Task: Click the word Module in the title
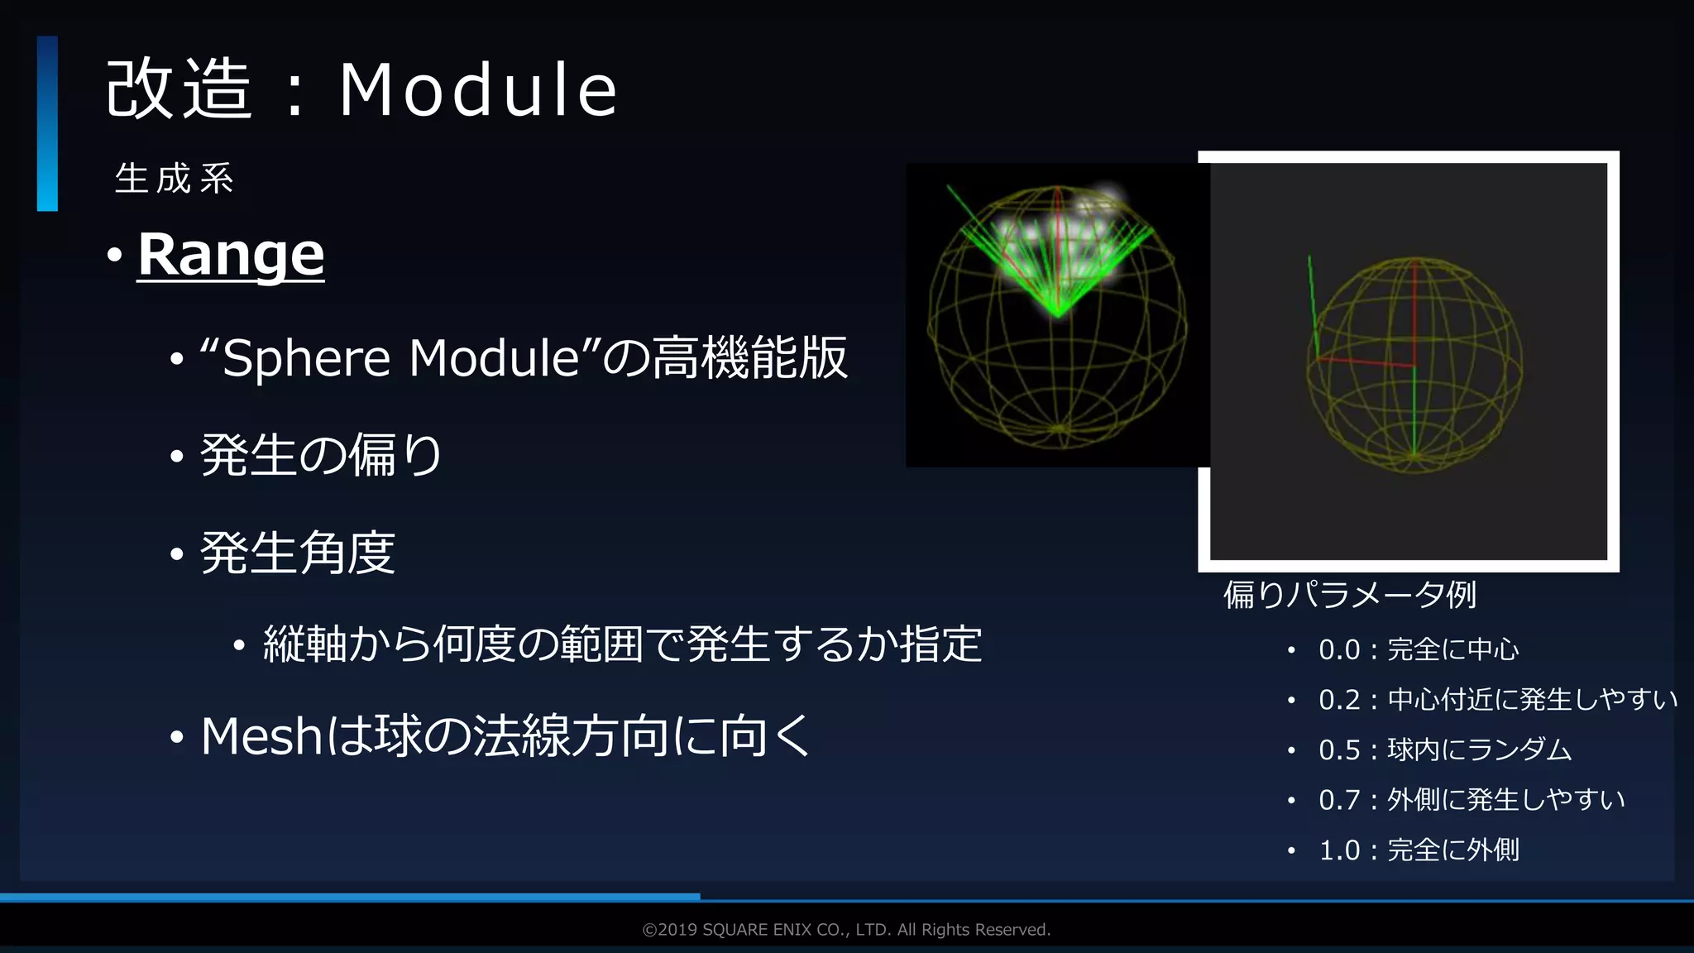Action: point(477,89)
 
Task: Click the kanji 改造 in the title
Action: point(179,89)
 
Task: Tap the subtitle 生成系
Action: point(175,179)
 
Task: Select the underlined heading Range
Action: point(231,254)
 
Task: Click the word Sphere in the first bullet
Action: point(305,358)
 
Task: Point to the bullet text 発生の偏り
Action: point(321,455)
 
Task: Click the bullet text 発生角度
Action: point(298,553)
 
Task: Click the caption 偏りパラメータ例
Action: point(1349,594)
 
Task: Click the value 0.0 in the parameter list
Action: point(1339,650)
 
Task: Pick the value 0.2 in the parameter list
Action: point(1339,700)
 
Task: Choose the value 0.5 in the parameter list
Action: point(1339,750)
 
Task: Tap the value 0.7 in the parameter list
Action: point(1339,800)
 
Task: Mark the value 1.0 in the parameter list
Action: point(1339,850)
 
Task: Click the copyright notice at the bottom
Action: point(846,930)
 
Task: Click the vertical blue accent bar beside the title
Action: point(47,123)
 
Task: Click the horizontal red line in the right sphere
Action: point(1365,362)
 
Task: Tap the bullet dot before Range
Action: point(114,255)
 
